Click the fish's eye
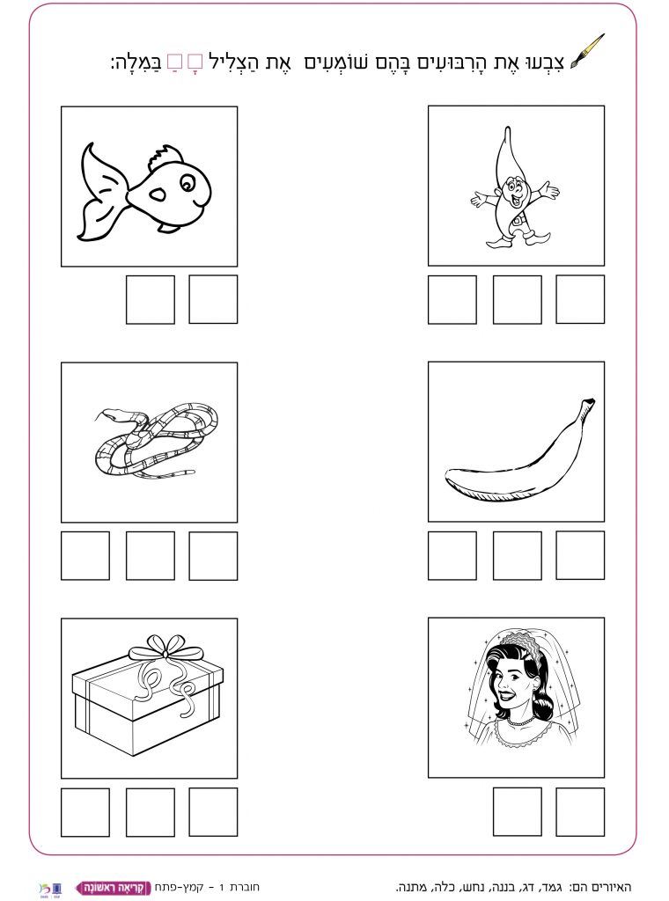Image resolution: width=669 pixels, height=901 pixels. pos(187,184)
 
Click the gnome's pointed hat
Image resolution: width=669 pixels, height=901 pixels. pos(507,155)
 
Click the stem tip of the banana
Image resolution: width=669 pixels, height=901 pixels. pos(589,401)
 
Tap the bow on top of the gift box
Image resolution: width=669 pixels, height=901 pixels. pos(166,648)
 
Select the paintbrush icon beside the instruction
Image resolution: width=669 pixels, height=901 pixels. pos(587,52)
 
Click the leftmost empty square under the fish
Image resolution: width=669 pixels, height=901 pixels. pos(151,299)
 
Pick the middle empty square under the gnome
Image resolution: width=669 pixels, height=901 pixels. pos(518,299)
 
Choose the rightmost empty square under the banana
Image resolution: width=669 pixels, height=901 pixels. pos(580,555)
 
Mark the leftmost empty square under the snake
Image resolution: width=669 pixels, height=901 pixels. pos(85,556)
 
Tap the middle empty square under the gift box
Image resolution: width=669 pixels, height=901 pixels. pos(151,812)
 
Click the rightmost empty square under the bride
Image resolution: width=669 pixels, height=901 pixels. pos(580,812)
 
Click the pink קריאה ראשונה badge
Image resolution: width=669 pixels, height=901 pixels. pos(113,888)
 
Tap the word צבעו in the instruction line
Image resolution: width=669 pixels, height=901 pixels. pos(548,61)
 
